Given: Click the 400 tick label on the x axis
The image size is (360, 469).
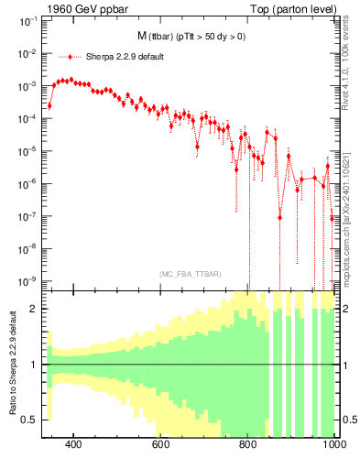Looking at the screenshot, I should coord(74,445).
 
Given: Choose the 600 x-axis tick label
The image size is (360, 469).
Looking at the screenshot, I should coord(161,445).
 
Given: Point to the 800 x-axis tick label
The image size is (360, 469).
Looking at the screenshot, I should coord(248,445).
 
